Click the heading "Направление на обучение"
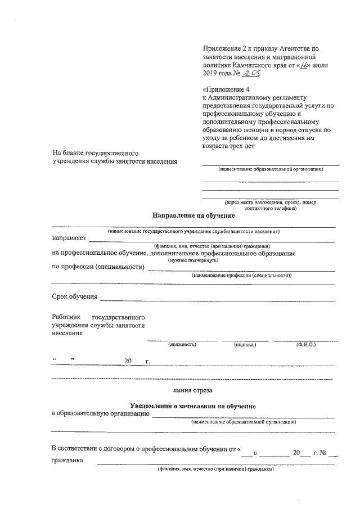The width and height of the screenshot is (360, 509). pyautogui.click(x=193, y=215)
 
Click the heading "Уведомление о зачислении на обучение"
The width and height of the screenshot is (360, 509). pyautogui.click(x=192, y=406)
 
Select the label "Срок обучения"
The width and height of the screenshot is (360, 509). pyautogui.click(x=74, y=296)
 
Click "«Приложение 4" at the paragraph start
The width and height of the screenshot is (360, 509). pyautogui.click(x=225, y=89)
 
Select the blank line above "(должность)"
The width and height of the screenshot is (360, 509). pyautogui.click(x=182, y=340)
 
